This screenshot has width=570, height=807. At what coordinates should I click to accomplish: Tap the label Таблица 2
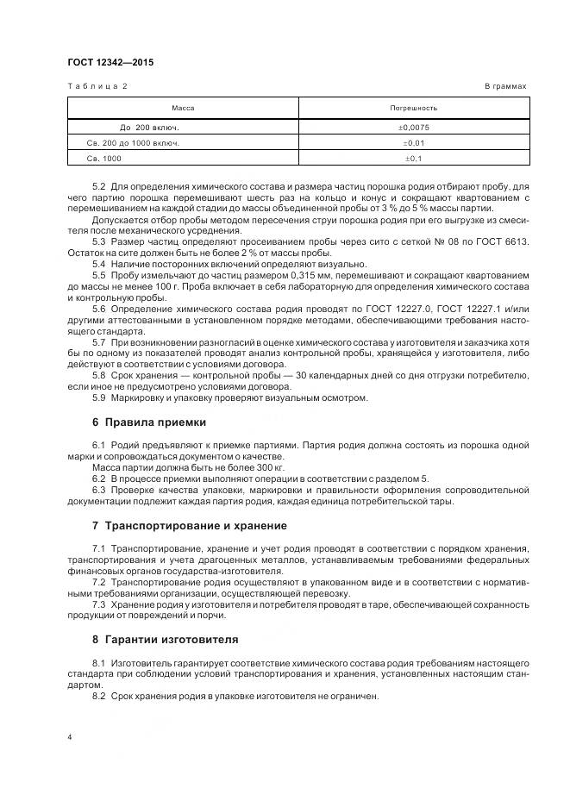click(x=97, y=87)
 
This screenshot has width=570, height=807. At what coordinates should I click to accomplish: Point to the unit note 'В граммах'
click(x=506, y=87)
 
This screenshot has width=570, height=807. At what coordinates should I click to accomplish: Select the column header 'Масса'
click(x=183, y=108)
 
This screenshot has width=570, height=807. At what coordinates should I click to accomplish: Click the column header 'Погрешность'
click(x=414, y=108)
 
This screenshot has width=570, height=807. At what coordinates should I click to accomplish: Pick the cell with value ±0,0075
click(x=414, y=127)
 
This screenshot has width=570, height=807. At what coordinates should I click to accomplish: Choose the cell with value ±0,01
click(x=414, y=142)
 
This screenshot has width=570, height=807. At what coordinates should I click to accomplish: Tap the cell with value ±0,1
click(x=414, y=159)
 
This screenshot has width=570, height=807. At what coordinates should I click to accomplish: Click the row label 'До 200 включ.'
click(x=149, y=127)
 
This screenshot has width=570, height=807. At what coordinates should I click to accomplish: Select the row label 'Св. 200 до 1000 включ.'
click(x=134, y=142)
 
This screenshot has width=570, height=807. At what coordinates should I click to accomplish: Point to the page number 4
click(x=70, y=737)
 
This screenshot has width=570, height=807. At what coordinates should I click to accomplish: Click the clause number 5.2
click(x=98, y=186)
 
